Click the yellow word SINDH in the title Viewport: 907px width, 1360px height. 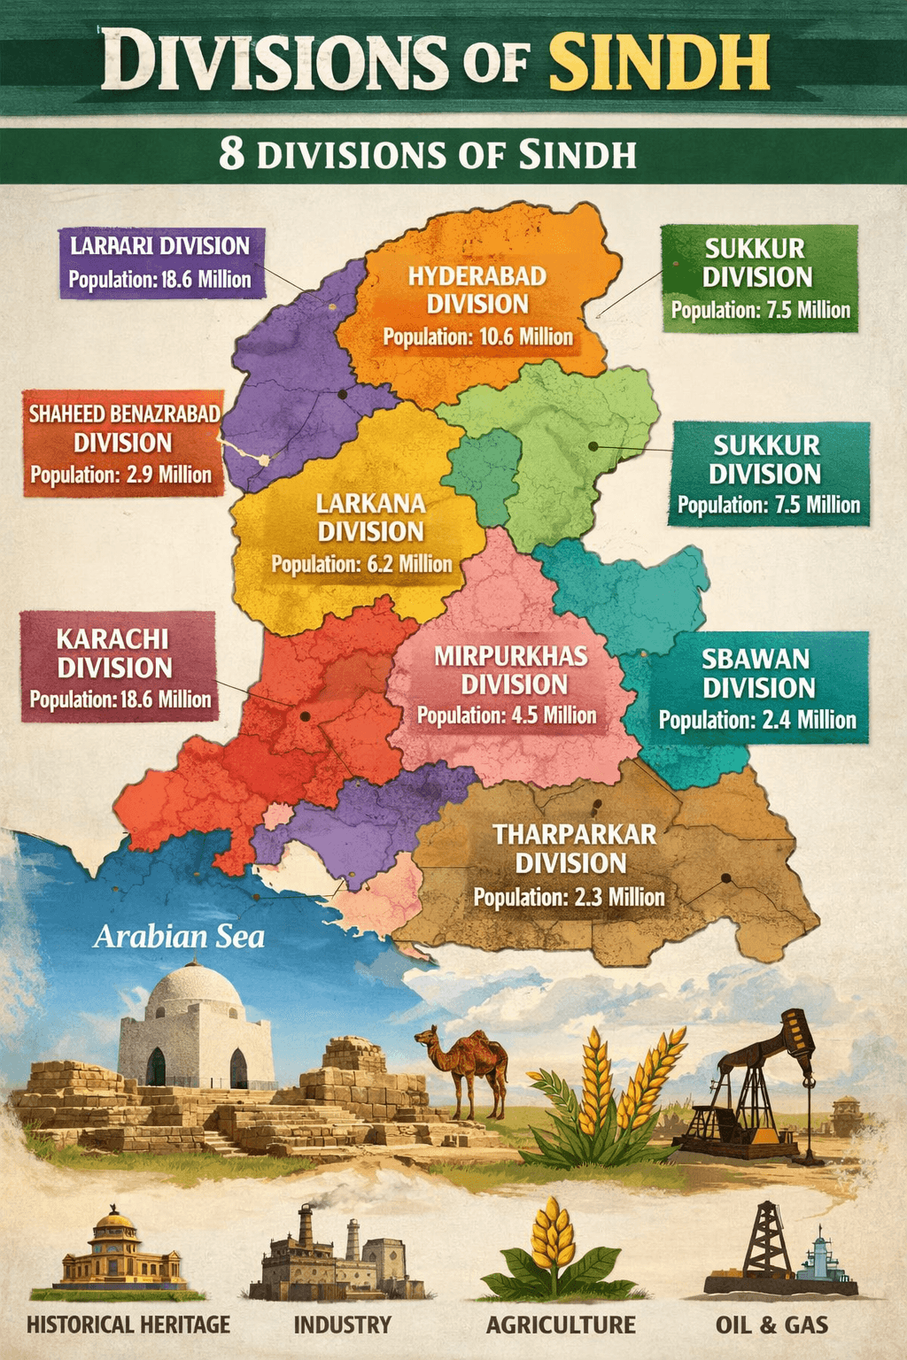pyautogui.click(x=658, y=61)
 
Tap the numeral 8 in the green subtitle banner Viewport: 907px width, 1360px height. pyautogui.click(x=231, y=154)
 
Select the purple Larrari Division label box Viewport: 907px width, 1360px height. pyautogui.click(x=161, y=262)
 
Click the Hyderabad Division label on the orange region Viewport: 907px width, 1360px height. pyautogui.click(x=477, y=290)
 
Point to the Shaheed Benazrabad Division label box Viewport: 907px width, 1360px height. pyautogui.click(x=123, y=443)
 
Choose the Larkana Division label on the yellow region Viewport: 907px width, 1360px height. pyautogui.click(x=371, y=517)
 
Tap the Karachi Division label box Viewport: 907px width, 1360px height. pyautogui.click(x=119, y=666)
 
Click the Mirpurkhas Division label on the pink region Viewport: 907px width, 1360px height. pyautogui.click(x=511, y=670)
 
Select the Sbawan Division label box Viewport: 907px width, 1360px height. pyautogui.click(x=758, y=687)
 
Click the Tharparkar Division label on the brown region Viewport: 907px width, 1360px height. pyautogui.click(x=573, y=848)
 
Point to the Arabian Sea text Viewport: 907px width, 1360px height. pyautogui.click(x=179, y=937)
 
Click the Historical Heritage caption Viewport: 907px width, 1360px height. pyautogui.click(x=128, y=1325)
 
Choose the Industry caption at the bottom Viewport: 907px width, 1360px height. pyautogui.click(x=343, y=1325)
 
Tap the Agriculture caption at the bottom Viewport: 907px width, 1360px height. pyautogui.click(x=561, y=1325)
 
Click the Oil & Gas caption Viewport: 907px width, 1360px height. pyautogui.click(x=771, y=1325)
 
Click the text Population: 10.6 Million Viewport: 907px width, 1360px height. pyautogui.click(x=477, y=336)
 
